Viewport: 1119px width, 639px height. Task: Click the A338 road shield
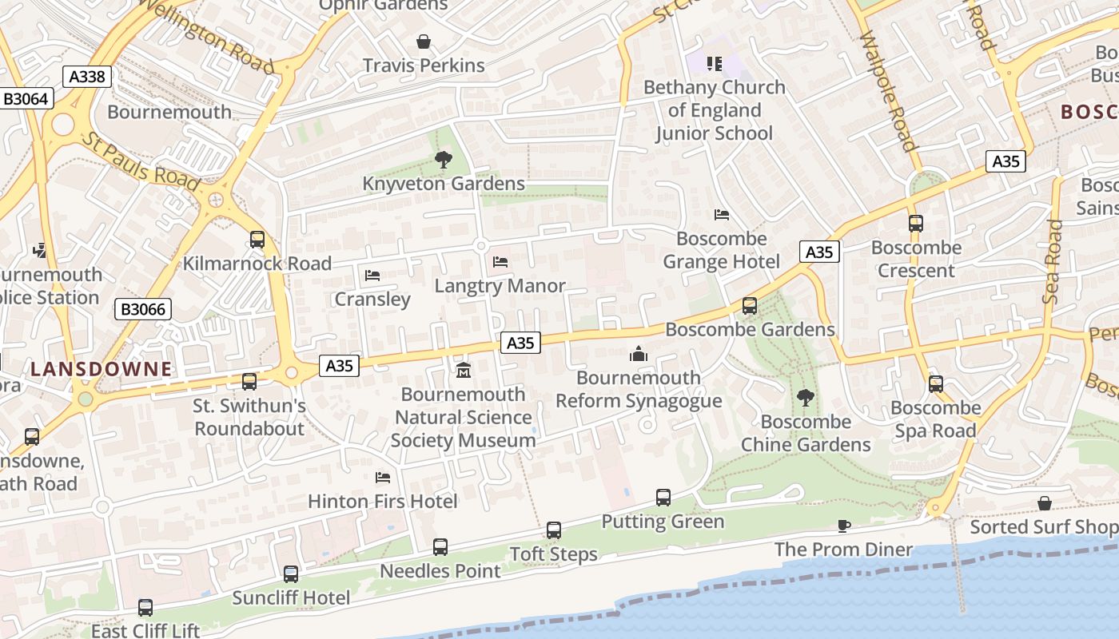pos(86,77)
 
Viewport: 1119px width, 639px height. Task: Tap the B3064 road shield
pos(26,99)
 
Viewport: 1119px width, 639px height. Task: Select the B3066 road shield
pos(144,309)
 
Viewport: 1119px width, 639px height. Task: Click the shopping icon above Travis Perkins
pos(424,41)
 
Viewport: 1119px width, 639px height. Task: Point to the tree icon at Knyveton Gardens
pos(444,160)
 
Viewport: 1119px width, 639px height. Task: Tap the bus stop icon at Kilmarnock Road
pos(257,239)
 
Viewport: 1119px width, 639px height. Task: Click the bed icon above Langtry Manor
pos(500,261)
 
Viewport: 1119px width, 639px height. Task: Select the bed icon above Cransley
pos(372,275)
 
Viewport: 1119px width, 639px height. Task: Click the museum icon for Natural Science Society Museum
pos(464,370)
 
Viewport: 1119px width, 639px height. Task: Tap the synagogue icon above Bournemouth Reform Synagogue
pos(638,353)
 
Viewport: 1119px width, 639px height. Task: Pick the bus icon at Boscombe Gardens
pos(750,305)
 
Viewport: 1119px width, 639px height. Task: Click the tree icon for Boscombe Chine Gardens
pos(805,397)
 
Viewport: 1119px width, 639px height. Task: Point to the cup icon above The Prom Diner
pos(843,526)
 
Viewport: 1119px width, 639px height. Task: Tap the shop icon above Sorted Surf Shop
pos(1045,503)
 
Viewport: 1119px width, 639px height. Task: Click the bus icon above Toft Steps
pos(554,530)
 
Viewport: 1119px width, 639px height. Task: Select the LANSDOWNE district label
pos(102,369)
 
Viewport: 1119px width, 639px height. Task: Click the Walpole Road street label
pos(886,92)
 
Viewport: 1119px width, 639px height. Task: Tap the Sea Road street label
pos(1053,261)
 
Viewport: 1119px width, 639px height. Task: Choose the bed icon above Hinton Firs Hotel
pos(383,477)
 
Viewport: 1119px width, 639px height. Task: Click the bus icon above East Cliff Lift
pos(145,607)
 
